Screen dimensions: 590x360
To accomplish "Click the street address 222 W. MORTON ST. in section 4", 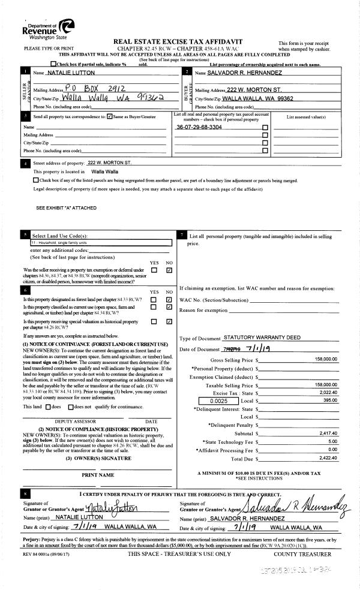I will click(x=109, y=163).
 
